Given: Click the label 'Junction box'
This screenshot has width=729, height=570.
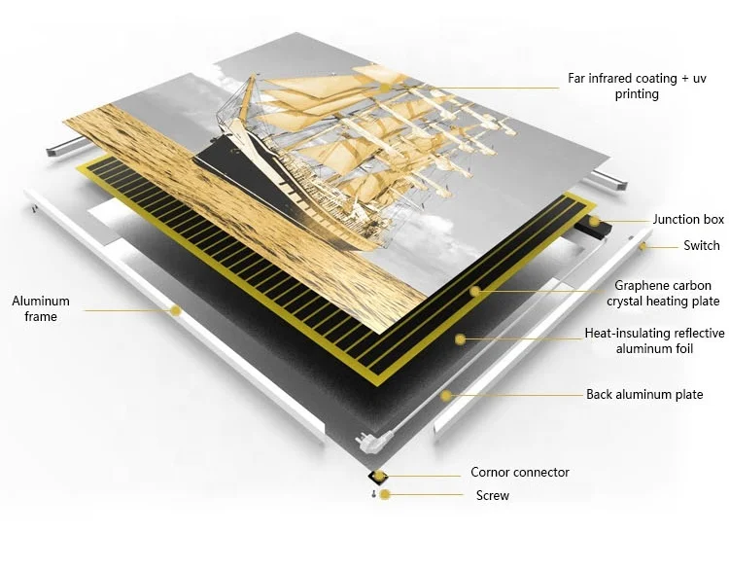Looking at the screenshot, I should click(x=688, y=220).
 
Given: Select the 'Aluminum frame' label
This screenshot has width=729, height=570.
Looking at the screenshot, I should click(x=34, y=308).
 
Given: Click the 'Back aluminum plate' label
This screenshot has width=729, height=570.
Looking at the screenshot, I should click(x=644, y=395).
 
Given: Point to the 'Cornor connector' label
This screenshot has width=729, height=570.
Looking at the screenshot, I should click(x=520, y=473).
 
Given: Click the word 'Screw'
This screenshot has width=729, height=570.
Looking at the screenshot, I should click(x=492, y=496).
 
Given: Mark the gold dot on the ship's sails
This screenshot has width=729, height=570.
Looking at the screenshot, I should click(x=386, y=87).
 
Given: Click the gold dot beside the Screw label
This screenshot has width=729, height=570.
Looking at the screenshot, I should click(x=386, y=495).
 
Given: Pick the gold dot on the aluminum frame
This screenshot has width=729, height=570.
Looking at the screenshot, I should click(x=175, y=311).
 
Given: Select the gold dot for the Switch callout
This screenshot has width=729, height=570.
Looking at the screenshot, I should click(x=642, y=247).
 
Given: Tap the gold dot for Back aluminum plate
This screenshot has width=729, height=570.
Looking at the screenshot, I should click(x=445, y=395).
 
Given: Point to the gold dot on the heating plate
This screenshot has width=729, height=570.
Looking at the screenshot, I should click(x=476, y=291).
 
